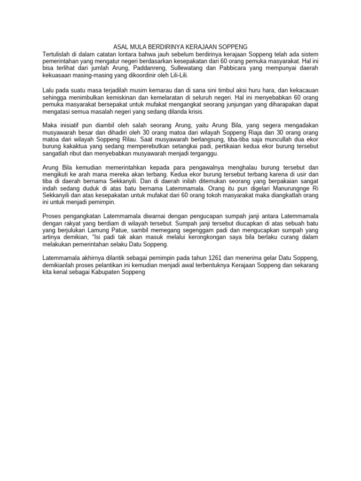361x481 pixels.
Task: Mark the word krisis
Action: point(194,113)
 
